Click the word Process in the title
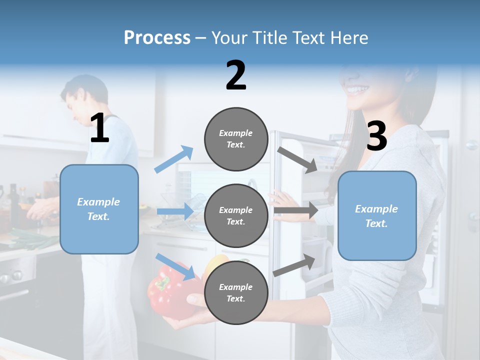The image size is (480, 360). [157, 38]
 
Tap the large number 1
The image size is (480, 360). [99, 128]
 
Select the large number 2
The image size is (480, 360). [236, 75]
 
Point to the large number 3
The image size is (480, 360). [377, 136]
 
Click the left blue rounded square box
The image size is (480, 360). [99, 209]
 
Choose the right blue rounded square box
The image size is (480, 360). [377, 216]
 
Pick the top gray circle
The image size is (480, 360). [236, 139]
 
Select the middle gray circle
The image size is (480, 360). [236, 215]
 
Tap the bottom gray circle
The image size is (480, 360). [236, 292]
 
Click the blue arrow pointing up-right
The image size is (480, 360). [174, 159]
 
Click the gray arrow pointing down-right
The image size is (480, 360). [297, 159]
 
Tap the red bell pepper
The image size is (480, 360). [170, 290]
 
